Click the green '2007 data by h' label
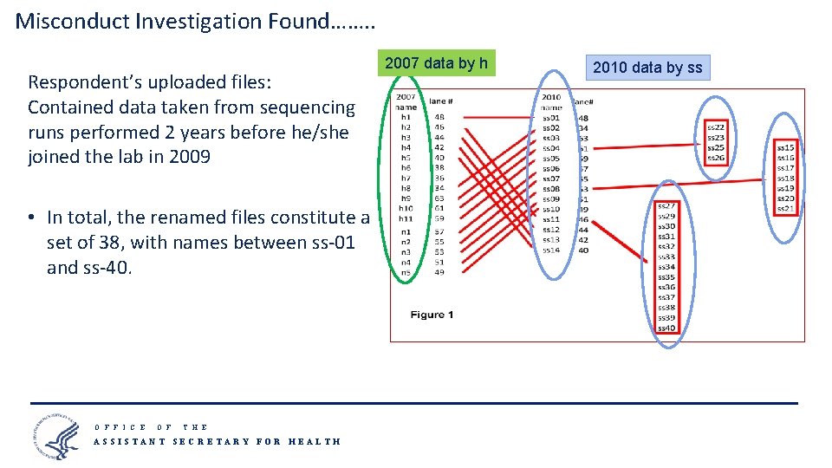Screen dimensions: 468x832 437,63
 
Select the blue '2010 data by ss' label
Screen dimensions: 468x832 647,68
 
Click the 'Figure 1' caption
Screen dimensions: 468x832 432,315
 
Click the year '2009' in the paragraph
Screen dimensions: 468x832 185,158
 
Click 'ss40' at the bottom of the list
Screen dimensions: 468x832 666,328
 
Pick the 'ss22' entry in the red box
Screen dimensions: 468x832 716,127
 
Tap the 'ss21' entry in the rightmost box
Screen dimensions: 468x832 785,208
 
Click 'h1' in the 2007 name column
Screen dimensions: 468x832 406,117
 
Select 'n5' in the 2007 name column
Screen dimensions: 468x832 406,272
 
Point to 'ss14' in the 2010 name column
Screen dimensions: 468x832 550,250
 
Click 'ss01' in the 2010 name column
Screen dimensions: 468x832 550,118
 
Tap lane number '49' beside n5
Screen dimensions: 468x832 439,272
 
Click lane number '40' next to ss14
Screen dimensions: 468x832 582,250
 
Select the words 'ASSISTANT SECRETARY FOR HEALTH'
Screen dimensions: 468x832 217,441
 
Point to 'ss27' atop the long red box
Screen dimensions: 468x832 666,206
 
